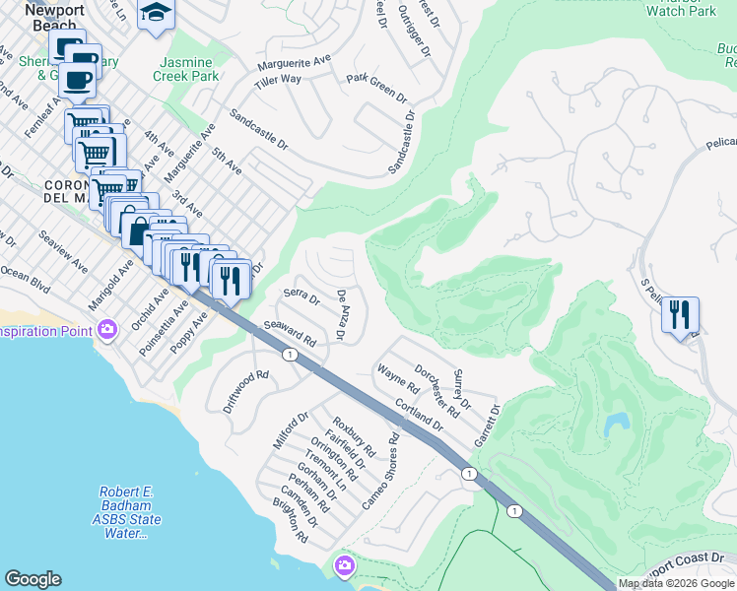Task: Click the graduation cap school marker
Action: pos(155,14)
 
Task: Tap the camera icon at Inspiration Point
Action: pos(107,328)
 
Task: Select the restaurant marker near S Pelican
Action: pos(680,315)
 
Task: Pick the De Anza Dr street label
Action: pos(342,315)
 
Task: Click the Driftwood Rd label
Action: pos(245,390)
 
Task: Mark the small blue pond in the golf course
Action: pos(618,424)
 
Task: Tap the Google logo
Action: pos(33,579)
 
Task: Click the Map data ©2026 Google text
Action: pos(676,583)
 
